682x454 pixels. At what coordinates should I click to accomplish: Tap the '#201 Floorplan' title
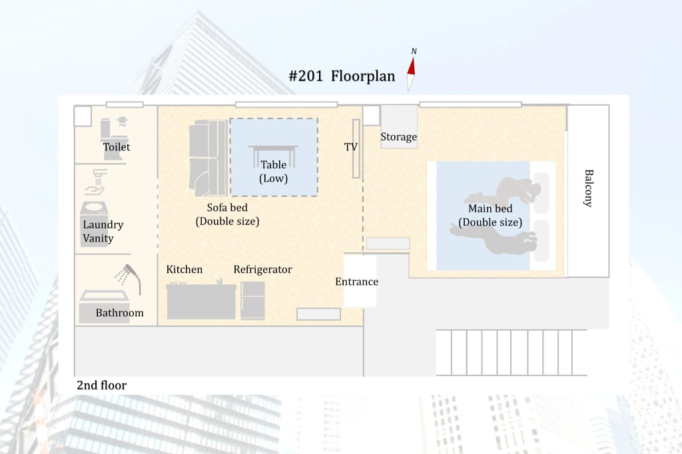pos(342,76)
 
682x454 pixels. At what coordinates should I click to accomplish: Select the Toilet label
pos(116,147)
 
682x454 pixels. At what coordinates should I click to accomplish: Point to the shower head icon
pos(129,277)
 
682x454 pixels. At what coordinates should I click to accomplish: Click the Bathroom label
pos(119,313)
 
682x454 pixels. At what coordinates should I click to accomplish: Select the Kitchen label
pos(184,270)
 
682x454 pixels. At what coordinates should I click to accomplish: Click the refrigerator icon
pos(252,300)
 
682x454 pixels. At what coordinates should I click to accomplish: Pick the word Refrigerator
pos(262,270)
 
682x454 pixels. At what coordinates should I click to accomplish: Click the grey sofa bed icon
pos(208,158)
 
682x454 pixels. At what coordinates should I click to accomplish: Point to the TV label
pos(350,147)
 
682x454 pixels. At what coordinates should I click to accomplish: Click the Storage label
pos(398,137)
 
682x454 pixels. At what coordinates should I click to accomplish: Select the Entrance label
pos(356,282)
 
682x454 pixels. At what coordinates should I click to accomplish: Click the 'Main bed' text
pos(490,209)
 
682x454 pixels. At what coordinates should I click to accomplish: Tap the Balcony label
pos(588,188)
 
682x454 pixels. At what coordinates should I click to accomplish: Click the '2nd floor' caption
pos(101,385)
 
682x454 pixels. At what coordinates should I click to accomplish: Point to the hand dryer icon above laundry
pos(97,182)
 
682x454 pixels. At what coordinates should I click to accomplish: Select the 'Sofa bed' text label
pos(227,208)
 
